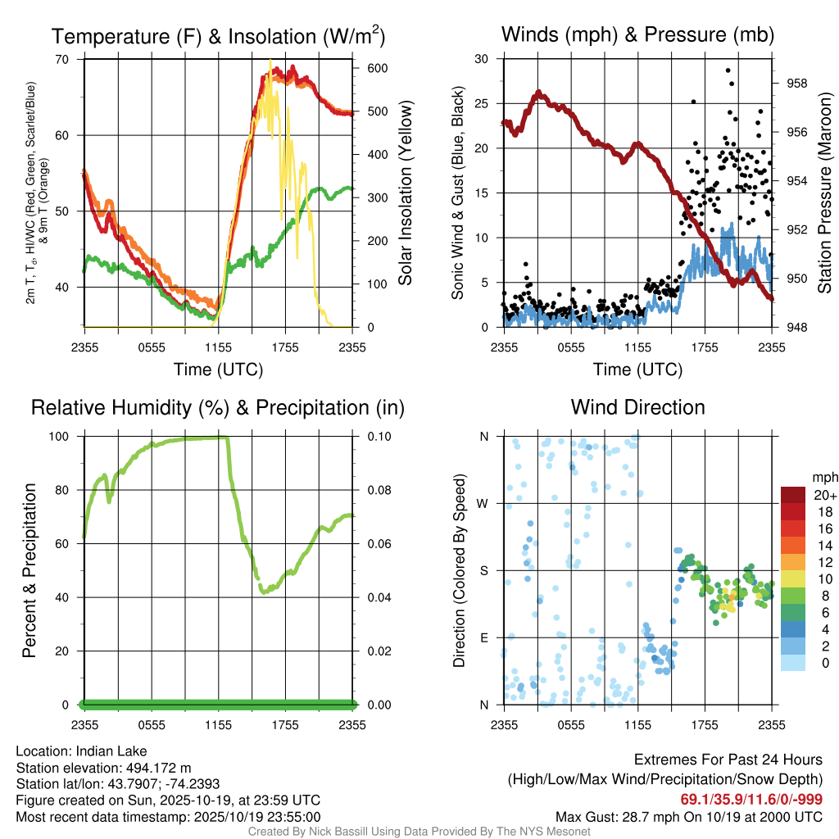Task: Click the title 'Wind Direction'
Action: (x=637, y=407)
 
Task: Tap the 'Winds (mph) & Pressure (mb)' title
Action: (x=637, y=35)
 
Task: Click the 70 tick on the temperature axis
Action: (x=62, y=59)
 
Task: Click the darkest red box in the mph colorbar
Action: (x=793, y=495)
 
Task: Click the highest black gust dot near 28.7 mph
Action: (x=728, y=70)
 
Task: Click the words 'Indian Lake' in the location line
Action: (x=111, y=751)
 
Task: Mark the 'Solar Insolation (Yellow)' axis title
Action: (x=406, y=193)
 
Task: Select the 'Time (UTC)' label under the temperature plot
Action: (x=218, y=370)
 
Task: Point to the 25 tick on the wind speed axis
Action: (x=482, y=104)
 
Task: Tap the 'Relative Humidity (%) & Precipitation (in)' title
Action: (x=218, y=407)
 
